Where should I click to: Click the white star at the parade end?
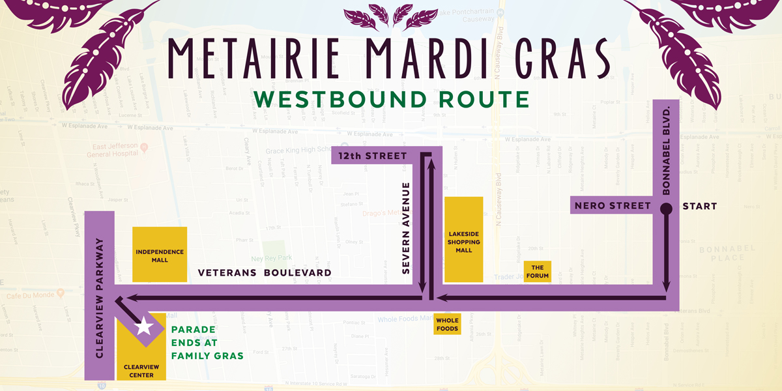pos(143,326)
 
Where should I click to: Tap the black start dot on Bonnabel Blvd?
pos(666,209)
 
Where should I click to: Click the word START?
pos(699,207)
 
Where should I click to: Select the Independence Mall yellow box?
pos(160,255)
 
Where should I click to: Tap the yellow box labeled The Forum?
pos(538,272)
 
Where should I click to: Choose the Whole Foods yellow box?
pos(447,325)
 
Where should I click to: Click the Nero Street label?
pos(613,207)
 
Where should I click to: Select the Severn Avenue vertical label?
pos(406,228)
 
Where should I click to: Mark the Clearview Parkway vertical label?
pos(100,297)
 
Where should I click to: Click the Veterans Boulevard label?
pos(265,273)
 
